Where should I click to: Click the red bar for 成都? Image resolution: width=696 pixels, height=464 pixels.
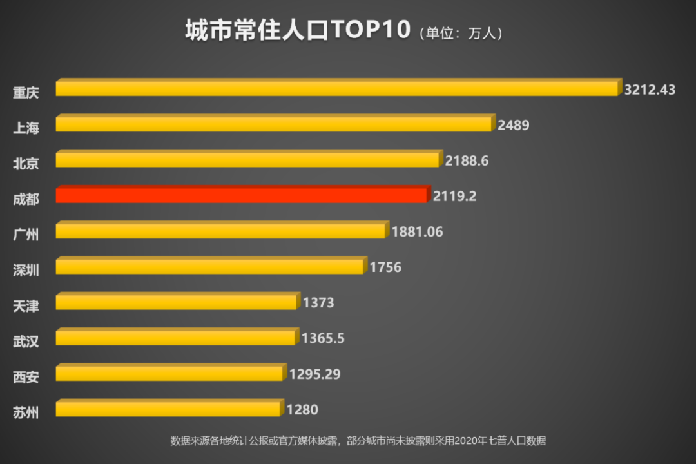(x=242, y=195)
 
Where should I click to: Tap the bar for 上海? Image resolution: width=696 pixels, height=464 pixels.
(x=274, y=124)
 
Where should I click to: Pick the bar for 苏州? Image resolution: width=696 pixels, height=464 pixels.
(x=168, y=409)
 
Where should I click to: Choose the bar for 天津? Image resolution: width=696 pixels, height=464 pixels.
(x=177, y=302)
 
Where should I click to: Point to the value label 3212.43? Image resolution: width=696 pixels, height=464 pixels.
(x=650, y=90)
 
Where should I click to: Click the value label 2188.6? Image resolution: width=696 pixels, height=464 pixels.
(x=467, y=161)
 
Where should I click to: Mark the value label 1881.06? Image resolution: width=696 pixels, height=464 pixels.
(x=417, y=232)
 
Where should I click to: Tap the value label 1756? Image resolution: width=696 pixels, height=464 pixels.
(x=385, y=267)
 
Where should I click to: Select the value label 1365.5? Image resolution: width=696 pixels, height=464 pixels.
(x=323, y=338)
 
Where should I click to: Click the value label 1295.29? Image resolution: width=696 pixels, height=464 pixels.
(x=314, y=374)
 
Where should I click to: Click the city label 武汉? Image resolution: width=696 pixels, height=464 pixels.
(x=26, y=341)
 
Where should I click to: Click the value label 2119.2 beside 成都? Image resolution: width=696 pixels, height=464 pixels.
(x=454, y=197)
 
